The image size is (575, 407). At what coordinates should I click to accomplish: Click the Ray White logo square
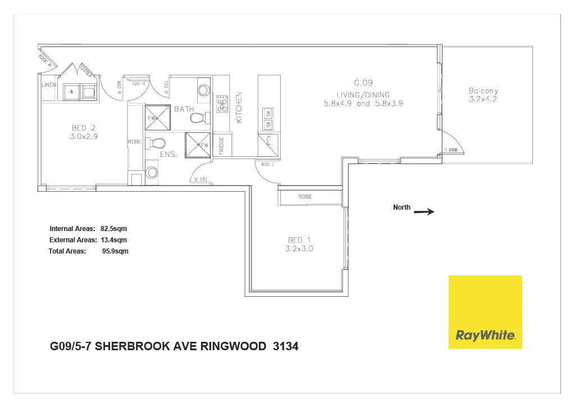coord(485,312)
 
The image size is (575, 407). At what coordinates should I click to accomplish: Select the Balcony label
coord(483,91)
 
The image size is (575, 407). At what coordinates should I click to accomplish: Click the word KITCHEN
coord(238,107)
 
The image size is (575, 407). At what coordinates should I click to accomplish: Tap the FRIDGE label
coord(222,146)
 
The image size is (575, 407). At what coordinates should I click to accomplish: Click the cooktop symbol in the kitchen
coord(222,103)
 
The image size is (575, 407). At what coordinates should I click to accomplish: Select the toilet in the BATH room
coord(198,118)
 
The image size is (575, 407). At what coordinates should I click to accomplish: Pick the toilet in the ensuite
coord(156,143)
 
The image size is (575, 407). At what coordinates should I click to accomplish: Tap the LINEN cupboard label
coord(49,85)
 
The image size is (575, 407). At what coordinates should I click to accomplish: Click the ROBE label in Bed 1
coord(305,197)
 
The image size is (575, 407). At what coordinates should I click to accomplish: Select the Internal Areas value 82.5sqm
coord(115,229)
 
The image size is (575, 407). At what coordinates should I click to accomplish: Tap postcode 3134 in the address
coord(285,346)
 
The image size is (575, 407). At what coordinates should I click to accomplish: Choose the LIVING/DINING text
coord(363,94)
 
